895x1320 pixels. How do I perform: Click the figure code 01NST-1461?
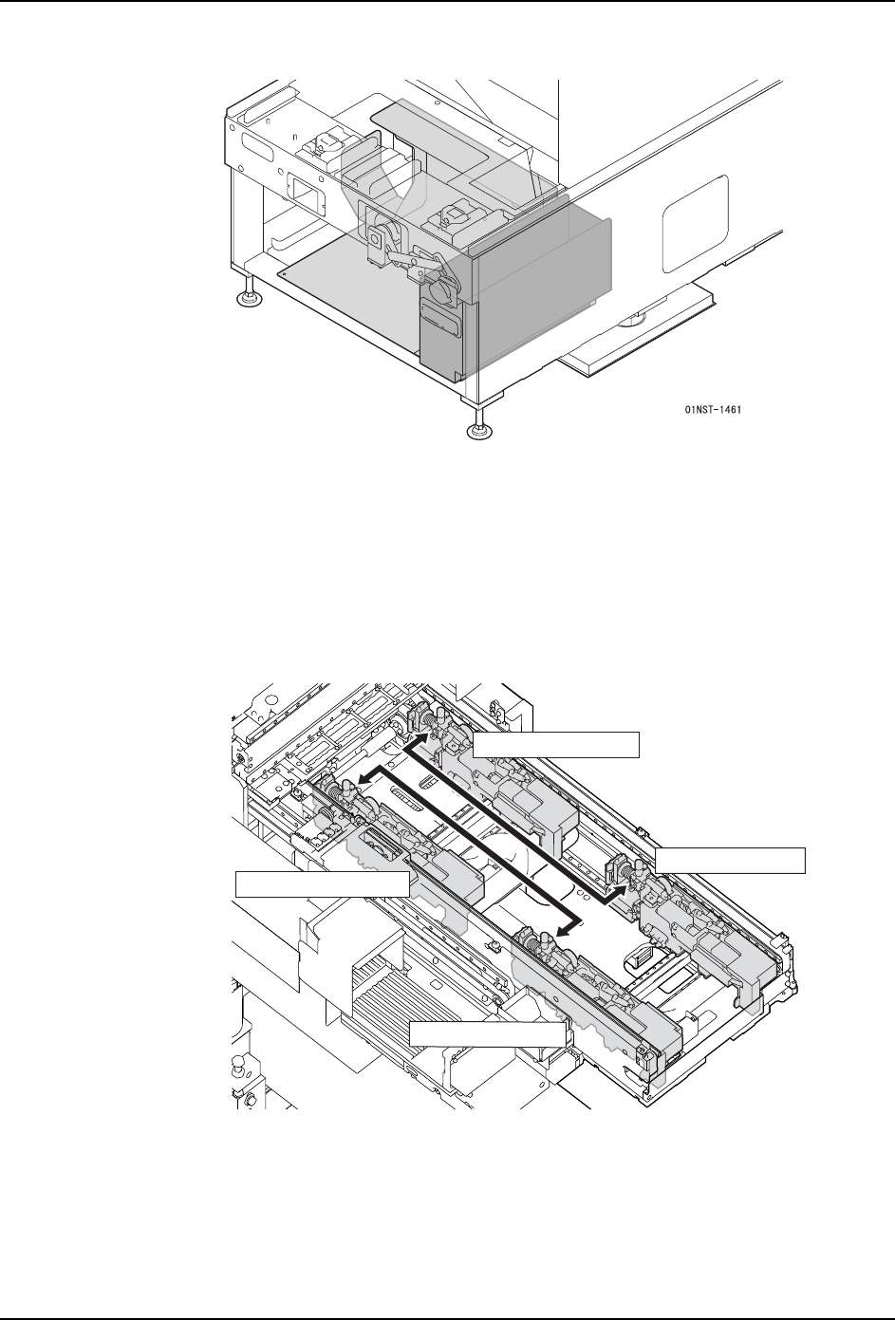pos(713,410)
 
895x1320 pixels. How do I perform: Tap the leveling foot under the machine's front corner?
pos(480,429)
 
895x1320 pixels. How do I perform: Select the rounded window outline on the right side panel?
pos(695,225)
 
